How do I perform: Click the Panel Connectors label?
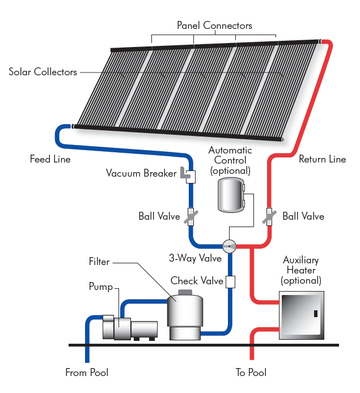tap(214, 25)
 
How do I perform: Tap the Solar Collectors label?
tap(43, 72)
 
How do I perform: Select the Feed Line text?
tap(50, 159)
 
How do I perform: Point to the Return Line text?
tap(322, 159)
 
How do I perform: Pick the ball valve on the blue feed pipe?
tap(190, 216)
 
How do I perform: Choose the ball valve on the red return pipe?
tap(269, 216)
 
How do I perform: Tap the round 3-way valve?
tap(230, 246)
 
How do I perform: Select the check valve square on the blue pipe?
tap(230, 281)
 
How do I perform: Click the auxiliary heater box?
tap(301, 315)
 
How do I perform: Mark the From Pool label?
tap(87, 373)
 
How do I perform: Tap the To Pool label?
tap(251, 373)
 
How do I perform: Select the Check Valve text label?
tap(193, 281)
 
